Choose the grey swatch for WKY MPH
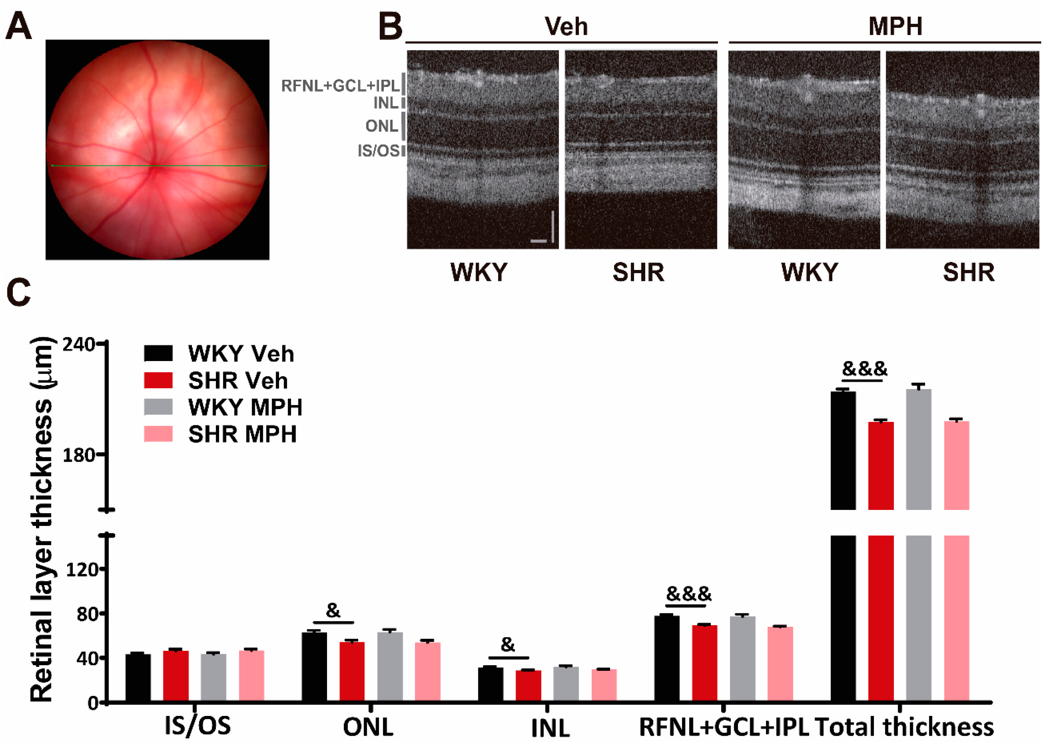click(x=158, y=407)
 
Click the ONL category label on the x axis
click(x=368, y=727)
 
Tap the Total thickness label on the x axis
click(x=904, y=727)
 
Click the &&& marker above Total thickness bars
click(x=864, y=368)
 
